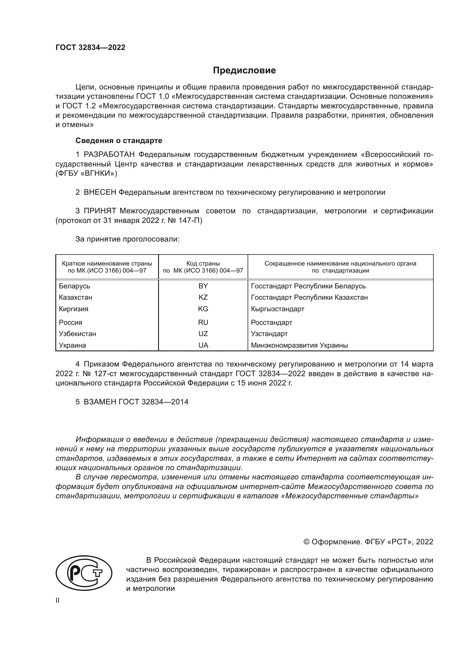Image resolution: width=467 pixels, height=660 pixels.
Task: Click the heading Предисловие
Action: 244,71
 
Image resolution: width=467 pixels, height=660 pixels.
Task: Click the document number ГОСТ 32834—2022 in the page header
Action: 90,47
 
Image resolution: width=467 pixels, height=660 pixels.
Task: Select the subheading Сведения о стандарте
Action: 119,141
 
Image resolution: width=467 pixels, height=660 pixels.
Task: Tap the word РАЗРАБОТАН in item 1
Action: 109,155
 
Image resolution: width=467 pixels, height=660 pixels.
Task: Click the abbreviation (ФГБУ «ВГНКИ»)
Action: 86,174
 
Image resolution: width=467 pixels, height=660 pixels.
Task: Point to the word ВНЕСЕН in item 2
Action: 100,192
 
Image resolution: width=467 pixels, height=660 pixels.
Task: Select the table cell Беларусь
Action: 75,286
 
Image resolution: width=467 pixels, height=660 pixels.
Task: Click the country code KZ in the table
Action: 203,297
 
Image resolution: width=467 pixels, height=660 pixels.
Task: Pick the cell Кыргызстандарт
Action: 278,309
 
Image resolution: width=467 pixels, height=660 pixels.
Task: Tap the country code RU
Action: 203,322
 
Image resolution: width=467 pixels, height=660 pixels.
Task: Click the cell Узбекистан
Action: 77,334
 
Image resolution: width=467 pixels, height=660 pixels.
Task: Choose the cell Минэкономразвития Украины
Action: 299,345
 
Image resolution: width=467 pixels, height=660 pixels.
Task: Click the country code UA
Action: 203,345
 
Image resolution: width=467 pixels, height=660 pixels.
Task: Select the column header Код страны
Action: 203,263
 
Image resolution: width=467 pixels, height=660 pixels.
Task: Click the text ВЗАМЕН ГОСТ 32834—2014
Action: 136,402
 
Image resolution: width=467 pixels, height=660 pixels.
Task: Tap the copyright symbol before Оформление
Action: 307,542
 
